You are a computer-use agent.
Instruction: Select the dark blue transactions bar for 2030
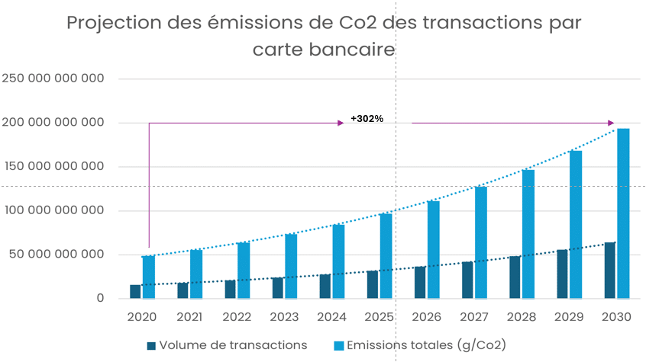coord(610,271)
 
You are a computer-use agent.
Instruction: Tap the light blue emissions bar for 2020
coord(148,277)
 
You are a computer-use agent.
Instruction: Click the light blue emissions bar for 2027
coord(481,242)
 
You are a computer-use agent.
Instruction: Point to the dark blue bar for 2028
coord(515,277)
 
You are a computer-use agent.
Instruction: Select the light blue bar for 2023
coord(291,266)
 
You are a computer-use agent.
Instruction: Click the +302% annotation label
coord(367,119)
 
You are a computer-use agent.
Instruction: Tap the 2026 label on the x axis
coord(426,316)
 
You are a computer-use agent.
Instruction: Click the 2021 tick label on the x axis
coord(189,316)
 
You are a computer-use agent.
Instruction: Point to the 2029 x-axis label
coord(569,316)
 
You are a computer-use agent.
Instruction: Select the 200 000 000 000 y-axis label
coord(53,123)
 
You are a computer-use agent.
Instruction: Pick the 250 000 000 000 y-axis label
coord(53,78)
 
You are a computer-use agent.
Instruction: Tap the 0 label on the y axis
coord(100,298)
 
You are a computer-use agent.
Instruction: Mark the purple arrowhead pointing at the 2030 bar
coord(611,123)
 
